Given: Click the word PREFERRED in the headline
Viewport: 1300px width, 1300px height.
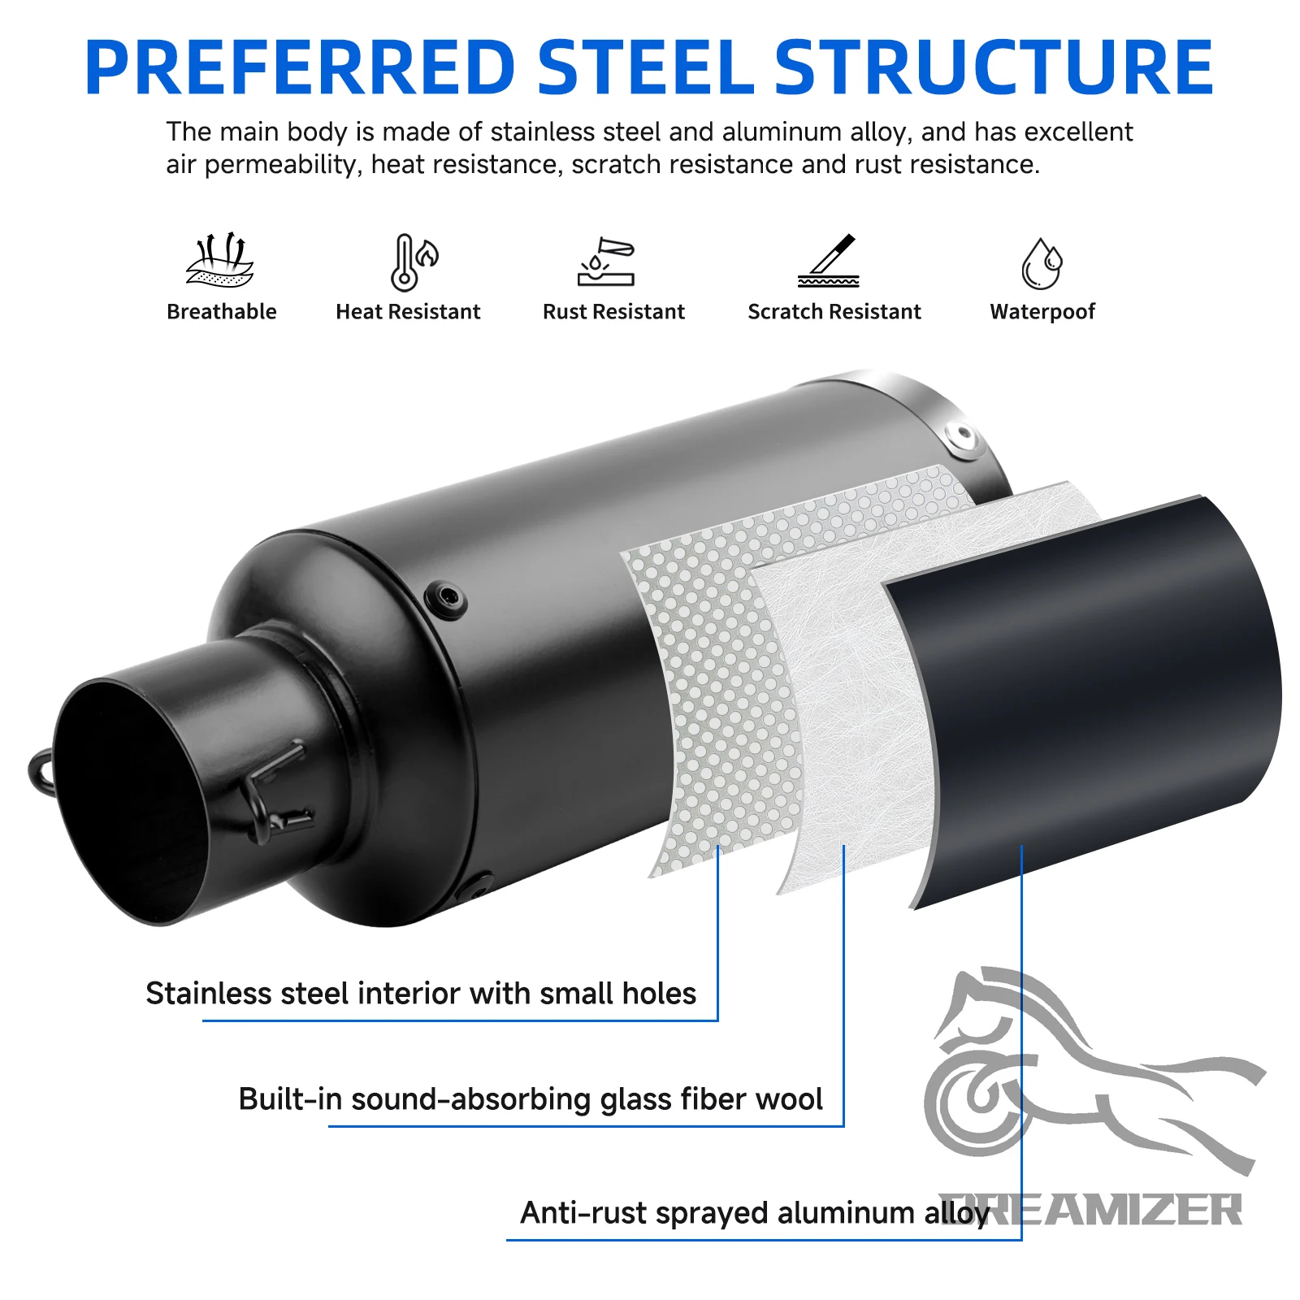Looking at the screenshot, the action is coord(301,67).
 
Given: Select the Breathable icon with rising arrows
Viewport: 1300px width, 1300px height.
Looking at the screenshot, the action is coord(220,260).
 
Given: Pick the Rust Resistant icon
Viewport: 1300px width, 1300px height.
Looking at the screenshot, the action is coord(606,262).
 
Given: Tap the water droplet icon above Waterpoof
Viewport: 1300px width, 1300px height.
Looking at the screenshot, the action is coord(1042,263).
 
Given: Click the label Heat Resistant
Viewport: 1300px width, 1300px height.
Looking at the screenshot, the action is coord(408,312).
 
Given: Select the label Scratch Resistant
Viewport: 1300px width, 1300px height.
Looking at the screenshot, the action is coord(834,312).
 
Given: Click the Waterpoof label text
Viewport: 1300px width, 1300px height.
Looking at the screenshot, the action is coord(1042,312).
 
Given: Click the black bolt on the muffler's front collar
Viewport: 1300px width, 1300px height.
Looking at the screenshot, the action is coord(446,600).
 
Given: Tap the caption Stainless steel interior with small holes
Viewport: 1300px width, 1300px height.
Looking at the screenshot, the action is coord(421,994).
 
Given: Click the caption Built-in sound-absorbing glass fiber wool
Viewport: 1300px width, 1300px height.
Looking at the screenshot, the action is coord(531,1099).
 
